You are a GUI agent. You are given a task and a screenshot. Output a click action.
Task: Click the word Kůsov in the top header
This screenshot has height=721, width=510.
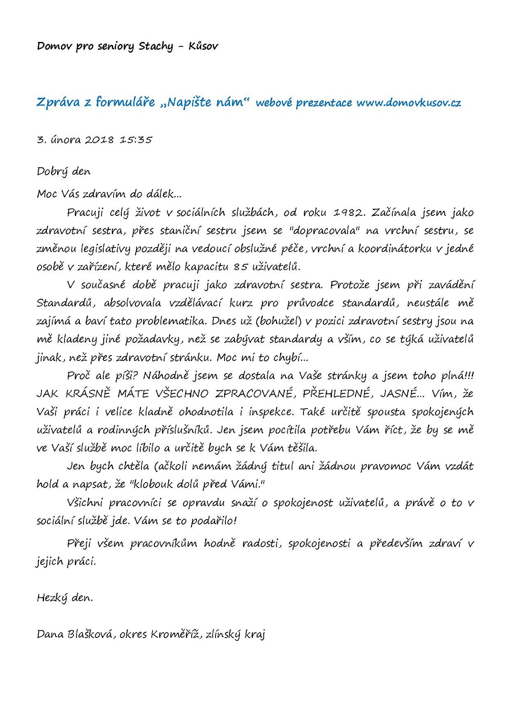(x=203, y=46)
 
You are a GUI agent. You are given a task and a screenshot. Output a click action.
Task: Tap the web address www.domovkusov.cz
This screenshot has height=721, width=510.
(x=409, y=103)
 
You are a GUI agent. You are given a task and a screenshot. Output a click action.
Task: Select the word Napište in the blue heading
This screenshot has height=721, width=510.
(x=189, y=103)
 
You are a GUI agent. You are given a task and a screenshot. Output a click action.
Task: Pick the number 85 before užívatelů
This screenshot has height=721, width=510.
(x=241, y=267)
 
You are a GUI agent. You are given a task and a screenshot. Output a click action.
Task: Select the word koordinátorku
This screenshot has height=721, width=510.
(x=395, y=249)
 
